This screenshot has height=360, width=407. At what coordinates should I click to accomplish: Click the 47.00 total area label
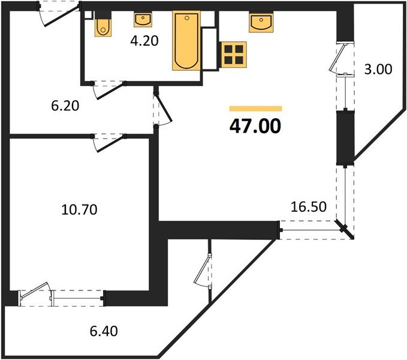[x=255, y=127]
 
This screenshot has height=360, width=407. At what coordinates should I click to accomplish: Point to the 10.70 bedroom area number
[x=79, y=210]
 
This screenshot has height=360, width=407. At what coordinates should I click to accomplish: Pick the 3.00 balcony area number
[x=378, y=69]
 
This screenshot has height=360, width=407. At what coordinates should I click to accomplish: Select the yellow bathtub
[x=185, y=40]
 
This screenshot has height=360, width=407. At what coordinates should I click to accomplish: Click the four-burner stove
[x=232, y=55]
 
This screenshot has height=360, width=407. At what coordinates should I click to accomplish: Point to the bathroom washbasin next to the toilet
[x=143, y=20]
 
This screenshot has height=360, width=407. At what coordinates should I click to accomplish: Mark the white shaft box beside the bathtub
[x=209, y=48]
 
